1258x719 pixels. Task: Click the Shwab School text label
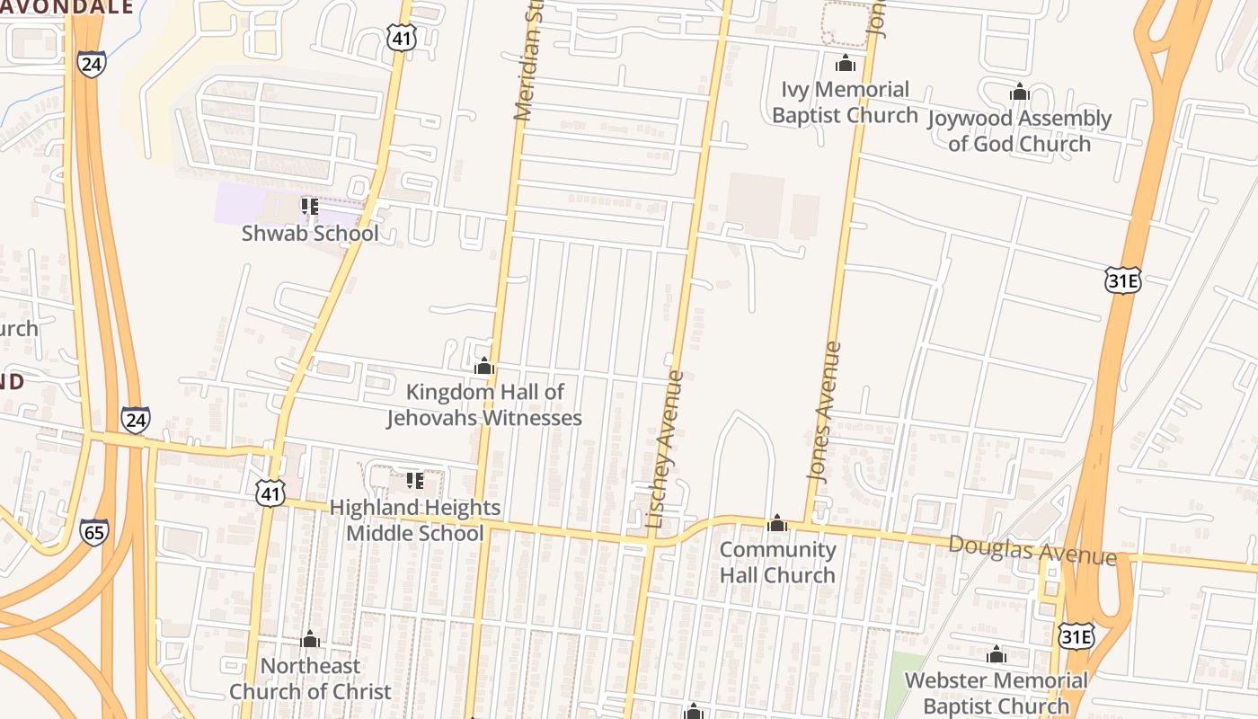tap(310, 234)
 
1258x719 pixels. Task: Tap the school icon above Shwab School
tap(310, 208)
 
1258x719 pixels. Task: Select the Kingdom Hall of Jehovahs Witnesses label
tap(484, 405)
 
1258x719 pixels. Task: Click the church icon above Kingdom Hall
tap(484, 366)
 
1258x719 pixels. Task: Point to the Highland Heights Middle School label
tap(415, 520)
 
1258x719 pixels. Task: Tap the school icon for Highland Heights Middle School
tap(414, 482)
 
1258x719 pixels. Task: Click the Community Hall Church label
tap(777, 562)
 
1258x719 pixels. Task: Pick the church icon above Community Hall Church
tap(777, 523)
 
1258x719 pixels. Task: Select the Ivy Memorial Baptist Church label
tap(845, 102)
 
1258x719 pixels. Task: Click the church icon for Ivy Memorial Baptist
tap(845, 64)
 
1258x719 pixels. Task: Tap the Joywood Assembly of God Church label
tap(1019, 131)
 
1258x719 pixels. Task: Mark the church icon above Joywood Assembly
tap(1019, 92)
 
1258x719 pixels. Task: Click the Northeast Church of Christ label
tap(310, 679)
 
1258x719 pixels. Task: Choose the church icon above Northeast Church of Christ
tap(310, 639)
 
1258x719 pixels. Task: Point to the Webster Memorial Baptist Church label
tap(996, 693)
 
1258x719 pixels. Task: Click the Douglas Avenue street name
tap(1032, 549)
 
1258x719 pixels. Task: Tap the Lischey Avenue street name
tap(665, 449)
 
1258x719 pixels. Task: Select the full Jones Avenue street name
tap(827, 424)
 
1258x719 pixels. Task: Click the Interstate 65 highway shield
tap(93, 532)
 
